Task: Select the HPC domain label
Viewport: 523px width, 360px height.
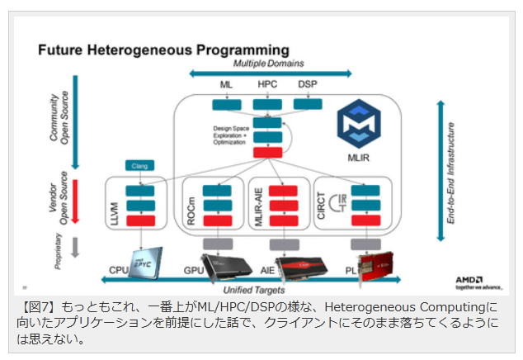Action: (267, 84)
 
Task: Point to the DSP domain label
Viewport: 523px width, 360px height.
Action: (307, 84)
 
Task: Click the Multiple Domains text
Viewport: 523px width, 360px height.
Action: (267, 64)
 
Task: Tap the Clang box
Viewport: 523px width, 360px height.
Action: (139, 166)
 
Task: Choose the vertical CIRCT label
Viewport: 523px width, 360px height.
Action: (323, 210)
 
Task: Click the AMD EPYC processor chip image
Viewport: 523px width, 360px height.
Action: (140, 259)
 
